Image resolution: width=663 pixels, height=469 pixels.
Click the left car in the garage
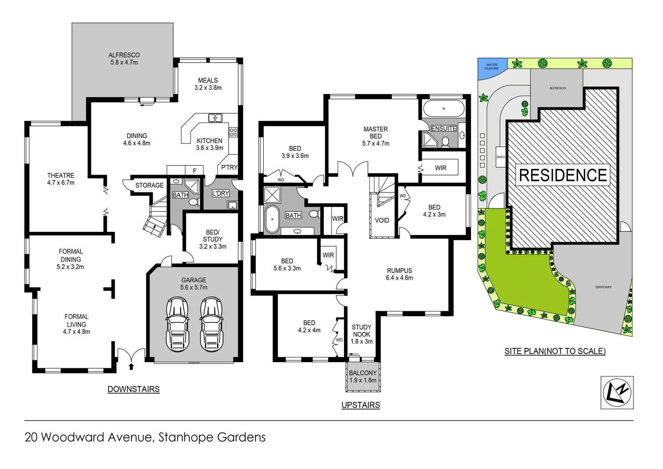click(x=177, y=324)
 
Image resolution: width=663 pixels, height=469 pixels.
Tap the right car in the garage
click(x=212, y=324)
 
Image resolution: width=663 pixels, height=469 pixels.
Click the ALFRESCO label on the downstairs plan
click(x=124, y=59)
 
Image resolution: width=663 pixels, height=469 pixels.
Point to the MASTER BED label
click(x=376, y=136)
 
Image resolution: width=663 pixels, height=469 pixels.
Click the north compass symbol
click(x=617, y=393)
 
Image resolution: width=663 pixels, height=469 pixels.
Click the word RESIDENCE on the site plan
click(x=563, y=175)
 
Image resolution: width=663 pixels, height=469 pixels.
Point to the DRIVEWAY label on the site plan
click(x=603, y=287)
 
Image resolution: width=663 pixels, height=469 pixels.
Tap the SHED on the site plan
click(x=501, y=157)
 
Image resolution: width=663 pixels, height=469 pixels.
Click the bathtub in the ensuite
click(x=443, y=109)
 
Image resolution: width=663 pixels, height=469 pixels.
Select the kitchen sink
click(x=215, y=118)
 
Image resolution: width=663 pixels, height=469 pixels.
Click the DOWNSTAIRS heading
click(x=134, y=390)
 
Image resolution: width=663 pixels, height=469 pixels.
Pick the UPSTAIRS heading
click(x=361, y=405)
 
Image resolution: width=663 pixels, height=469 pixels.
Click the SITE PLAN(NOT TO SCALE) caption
click(x=555, y=351)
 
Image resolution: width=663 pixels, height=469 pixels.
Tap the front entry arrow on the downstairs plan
click(x=131, y=367)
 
